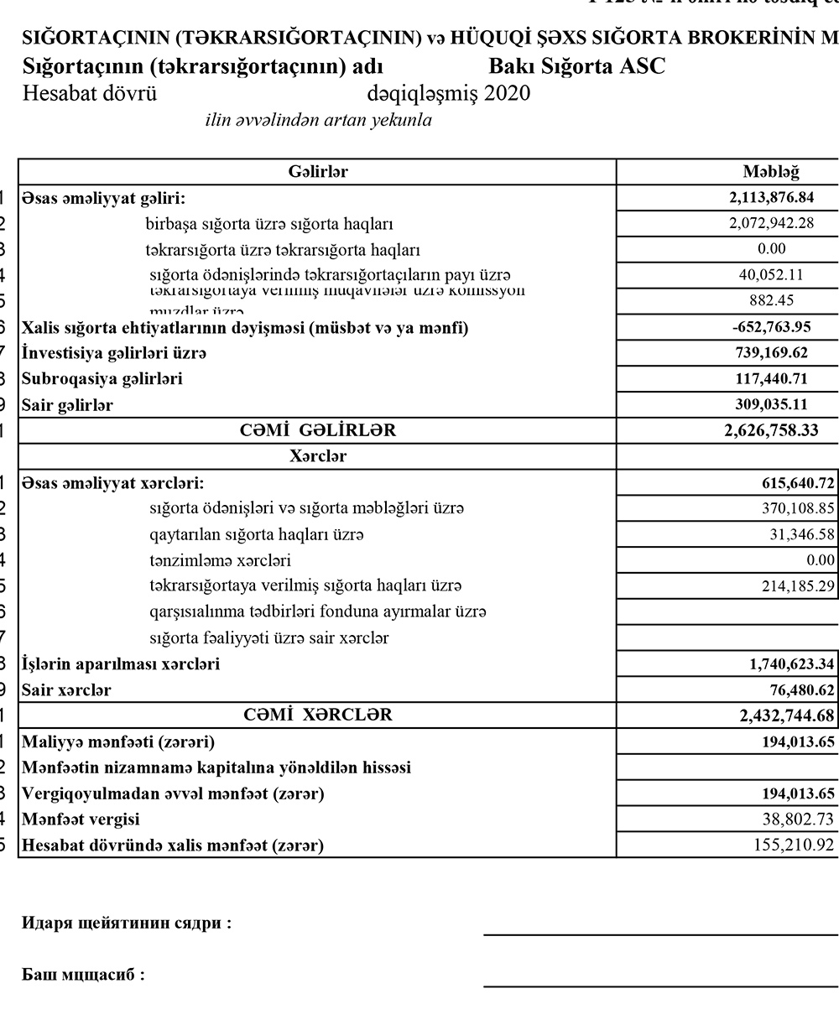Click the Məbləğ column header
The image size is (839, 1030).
[770, 172]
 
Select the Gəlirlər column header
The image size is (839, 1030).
[317, 172]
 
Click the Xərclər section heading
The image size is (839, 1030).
[317, 457]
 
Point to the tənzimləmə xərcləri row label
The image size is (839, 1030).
[220, 560]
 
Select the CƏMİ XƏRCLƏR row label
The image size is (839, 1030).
[317, 715]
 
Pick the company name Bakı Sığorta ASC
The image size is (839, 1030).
[576, 66]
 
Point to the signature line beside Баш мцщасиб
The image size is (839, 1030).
[660, 986]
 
